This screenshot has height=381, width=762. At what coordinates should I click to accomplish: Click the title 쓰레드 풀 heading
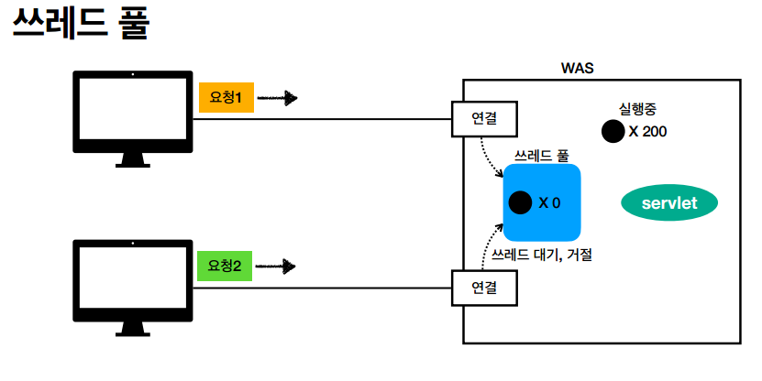coord(81,25)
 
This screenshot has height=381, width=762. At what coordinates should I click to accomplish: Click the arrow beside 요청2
coord(276,267)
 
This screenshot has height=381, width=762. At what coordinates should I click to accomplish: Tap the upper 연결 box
coord(484,118)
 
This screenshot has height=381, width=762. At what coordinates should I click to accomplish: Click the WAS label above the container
coord(577,70)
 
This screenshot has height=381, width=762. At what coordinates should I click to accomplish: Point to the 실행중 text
coord(638,108)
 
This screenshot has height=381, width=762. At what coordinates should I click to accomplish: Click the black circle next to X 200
coord(612,132)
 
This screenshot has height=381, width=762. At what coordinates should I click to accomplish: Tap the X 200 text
coord(647,132)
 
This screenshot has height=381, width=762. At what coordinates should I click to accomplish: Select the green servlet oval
coord(669,203)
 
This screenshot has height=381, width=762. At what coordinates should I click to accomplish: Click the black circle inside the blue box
coord(520,202)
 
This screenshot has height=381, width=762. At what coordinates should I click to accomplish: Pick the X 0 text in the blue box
coord(549,202)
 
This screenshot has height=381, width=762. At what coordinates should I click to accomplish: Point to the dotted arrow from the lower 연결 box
coord(486,248)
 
